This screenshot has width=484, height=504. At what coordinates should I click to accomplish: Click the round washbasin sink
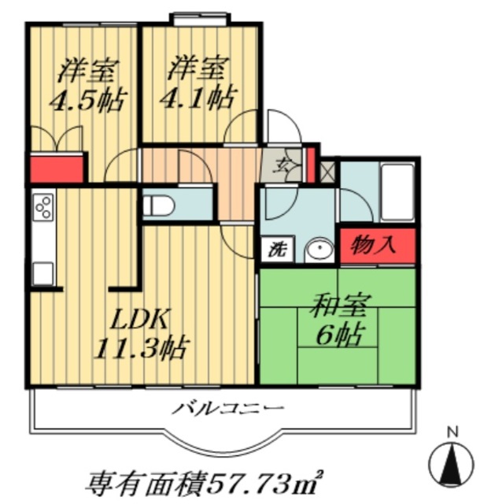320,250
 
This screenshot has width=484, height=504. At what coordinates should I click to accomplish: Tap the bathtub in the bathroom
397,192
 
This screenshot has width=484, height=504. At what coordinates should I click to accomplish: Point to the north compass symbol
452,463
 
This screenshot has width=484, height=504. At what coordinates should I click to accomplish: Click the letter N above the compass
452,432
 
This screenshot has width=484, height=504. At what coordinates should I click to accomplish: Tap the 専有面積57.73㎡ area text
207,478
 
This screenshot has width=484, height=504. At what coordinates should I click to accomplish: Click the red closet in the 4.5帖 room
57,168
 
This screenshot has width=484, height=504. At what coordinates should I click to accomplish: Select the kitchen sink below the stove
42,272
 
